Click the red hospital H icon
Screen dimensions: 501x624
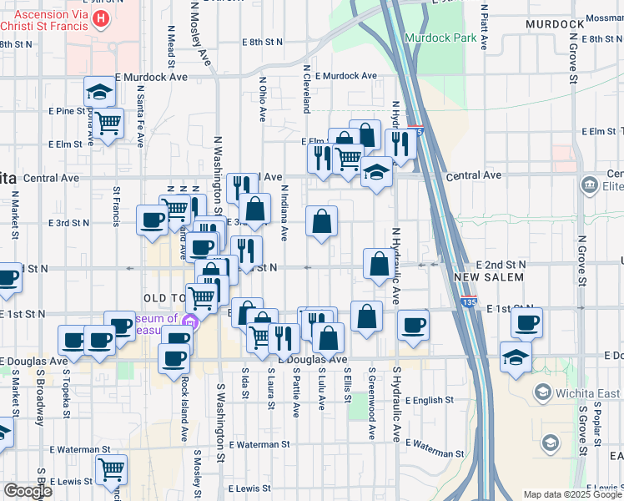(100, 18)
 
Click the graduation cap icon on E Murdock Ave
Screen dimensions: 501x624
(99, 91)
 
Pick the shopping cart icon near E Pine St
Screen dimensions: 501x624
(108, 124)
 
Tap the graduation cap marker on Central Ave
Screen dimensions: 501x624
(377, 173)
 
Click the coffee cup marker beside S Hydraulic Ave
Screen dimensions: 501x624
(412, 325)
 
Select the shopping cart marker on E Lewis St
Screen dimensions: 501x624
(111, 470)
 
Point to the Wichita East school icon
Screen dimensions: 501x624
(542, 392)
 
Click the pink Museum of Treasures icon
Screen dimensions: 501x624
(190, 322)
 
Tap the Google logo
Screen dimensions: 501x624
(27, 491)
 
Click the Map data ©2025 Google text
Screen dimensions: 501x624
(572, 494)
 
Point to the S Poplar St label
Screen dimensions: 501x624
(597, 430)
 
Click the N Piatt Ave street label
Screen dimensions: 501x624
(484, 25)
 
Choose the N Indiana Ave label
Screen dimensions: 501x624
(284, 214)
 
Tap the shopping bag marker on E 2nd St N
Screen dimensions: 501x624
(379, 264)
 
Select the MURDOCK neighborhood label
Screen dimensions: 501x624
(555, 24)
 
